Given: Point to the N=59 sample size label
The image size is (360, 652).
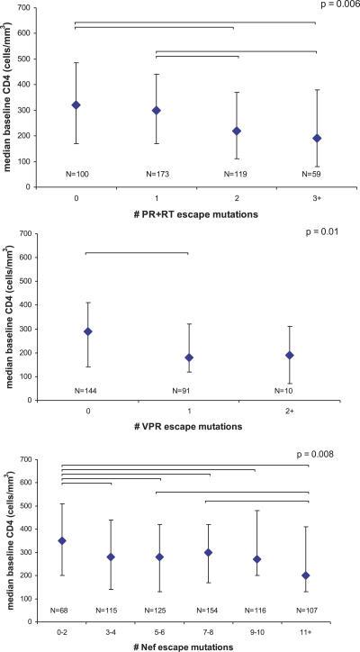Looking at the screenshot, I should [316, 170].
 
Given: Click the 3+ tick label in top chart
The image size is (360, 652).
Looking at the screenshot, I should [316, 196].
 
